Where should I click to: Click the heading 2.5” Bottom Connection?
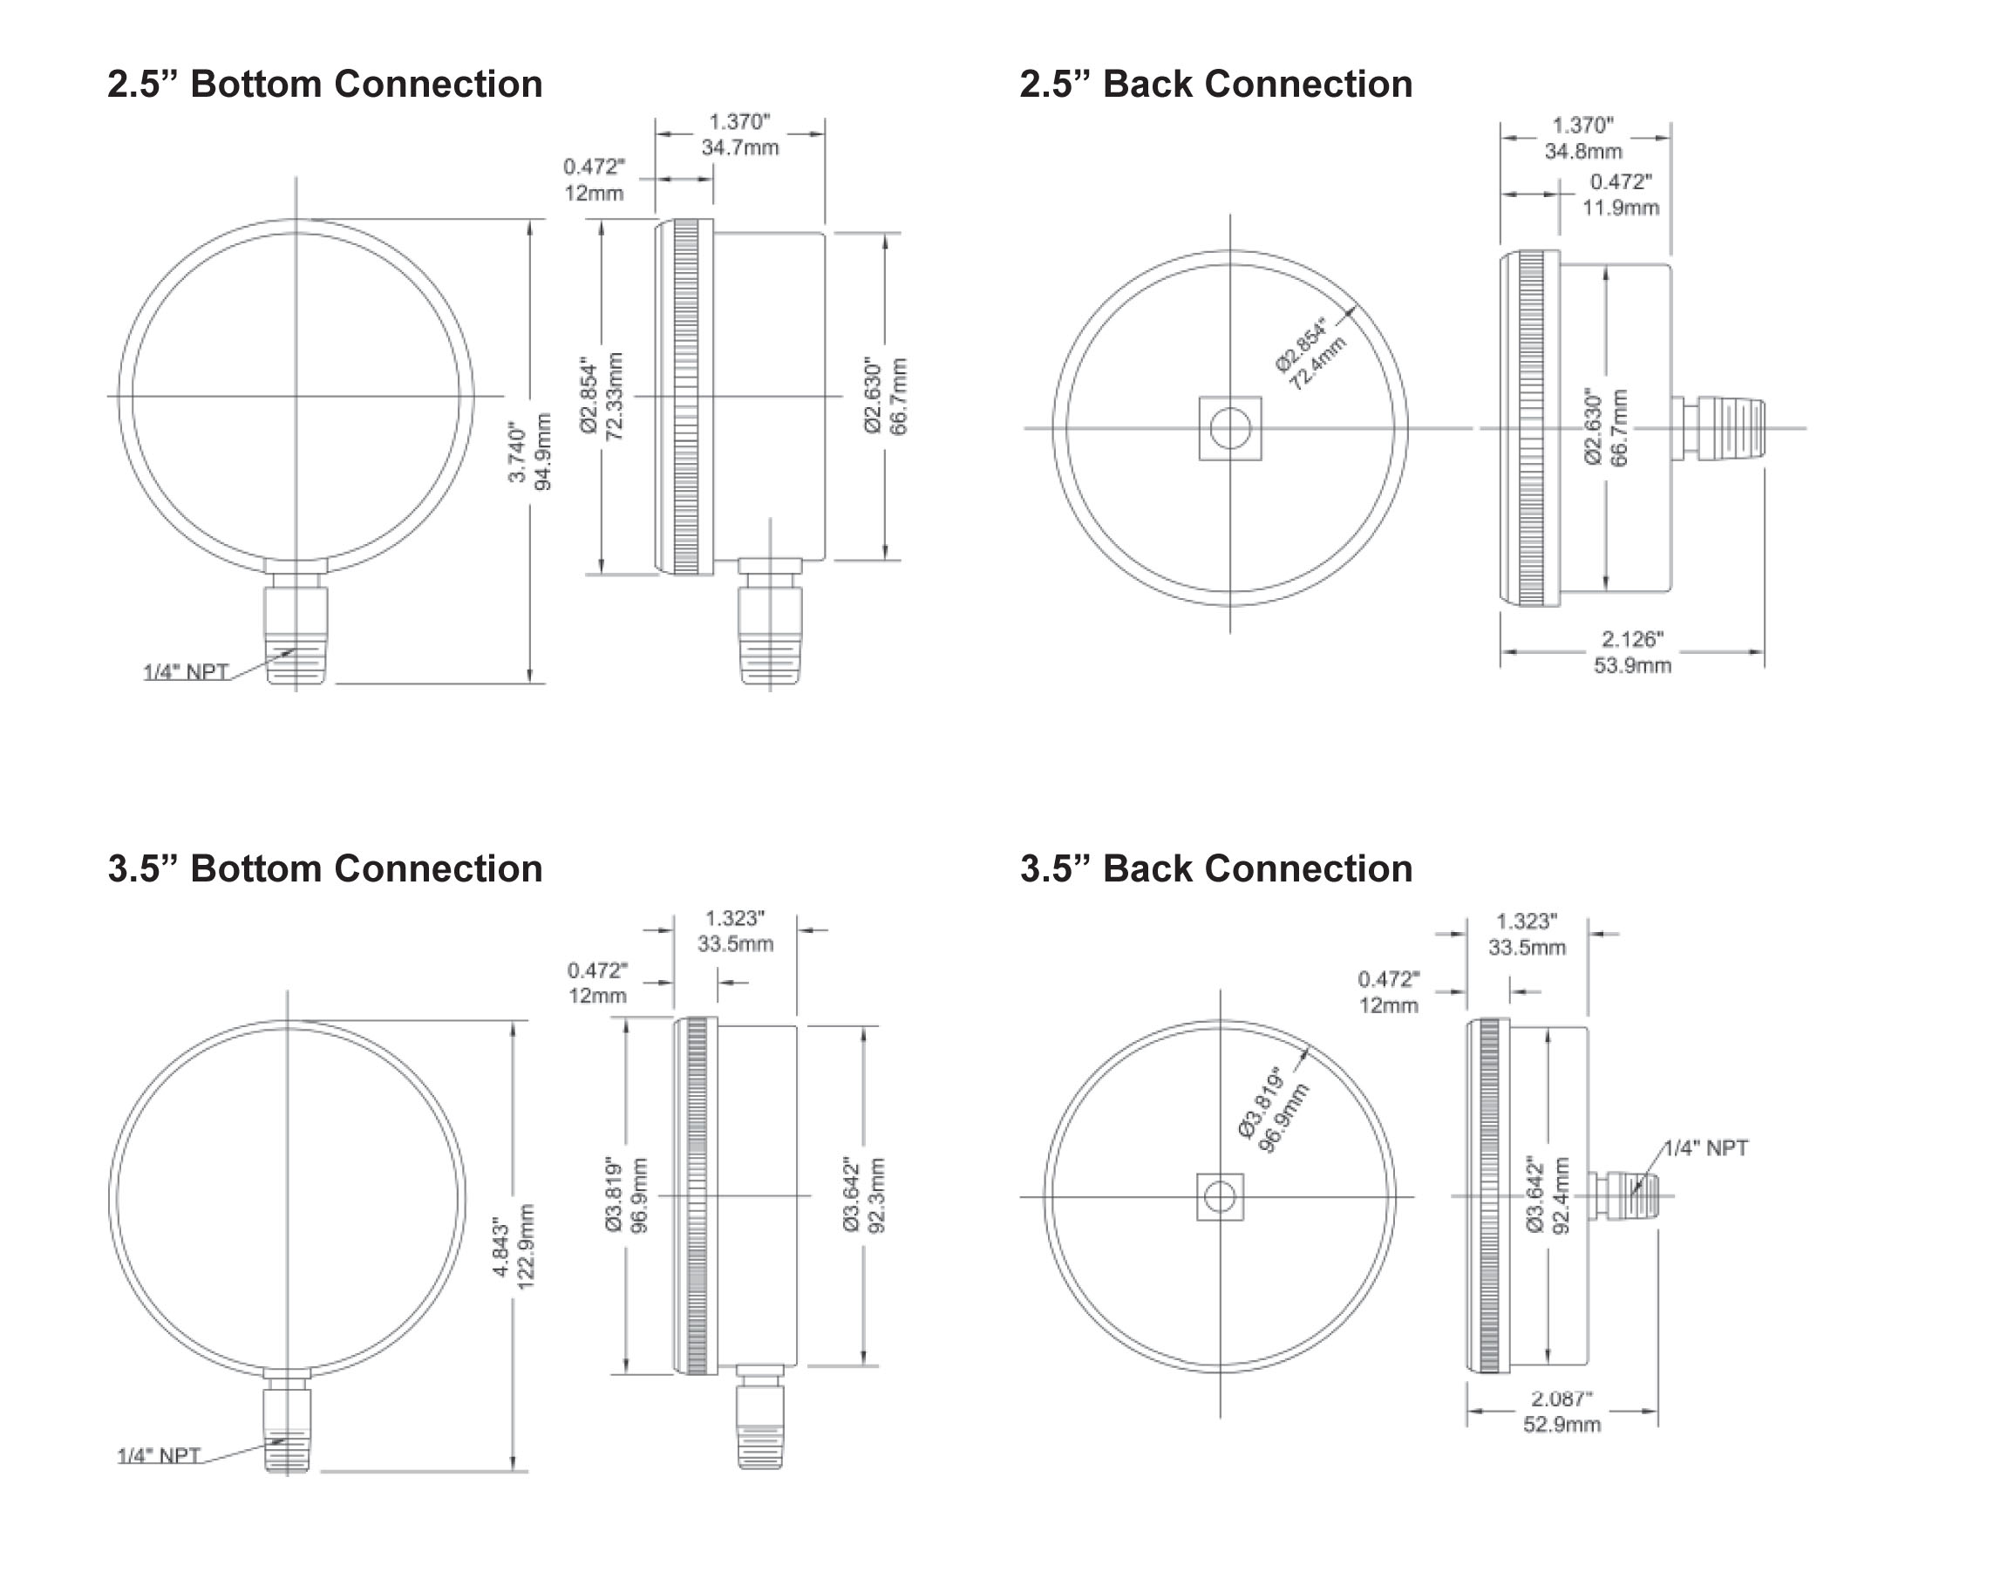click(x=324, y=84)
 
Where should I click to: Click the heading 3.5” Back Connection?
click(x=1215, y=869)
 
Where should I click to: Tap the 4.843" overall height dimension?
click(x=513, y=1247)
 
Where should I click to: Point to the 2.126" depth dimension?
click(x=1631, y=652)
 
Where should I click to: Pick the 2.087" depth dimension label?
click(x=1562, y=1411)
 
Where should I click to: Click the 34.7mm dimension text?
click(x=739, y=148)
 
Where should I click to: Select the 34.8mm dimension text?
click(x=1582, y=152)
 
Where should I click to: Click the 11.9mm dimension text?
click(x=1619, y=208)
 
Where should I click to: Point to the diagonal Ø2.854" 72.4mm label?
click(x=1310, y=354)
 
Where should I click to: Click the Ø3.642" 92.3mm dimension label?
click(x=863, y=1194)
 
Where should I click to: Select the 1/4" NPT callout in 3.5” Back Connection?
click(x=1706, y=1148)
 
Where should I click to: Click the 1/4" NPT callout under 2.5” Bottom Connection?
click(x=186, y=671)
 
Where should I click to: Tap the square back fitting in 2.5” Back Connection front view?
click(x=1229, y=428)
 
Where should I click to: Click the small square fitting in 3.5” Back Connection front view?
click(x=1219, y=1197)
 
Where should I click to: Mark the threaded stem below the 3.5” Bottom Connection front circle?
click(x=288, y=1428)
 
